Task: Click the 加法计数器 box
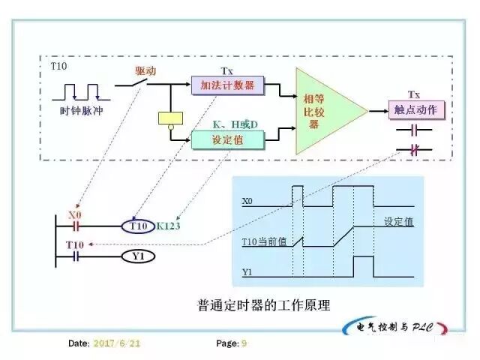(x=223, y=85)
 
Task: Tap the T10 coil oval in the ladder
(x=139, y=226)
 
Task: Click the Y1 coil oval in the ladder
(x=139, y=256)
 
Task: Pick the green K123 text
(x=172, y=226)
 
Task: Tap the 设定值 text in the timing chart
(x=398, y=223)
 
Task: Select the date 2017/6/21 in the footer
(x=116, y=343)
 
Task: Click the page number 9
(x=244, y=343)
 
